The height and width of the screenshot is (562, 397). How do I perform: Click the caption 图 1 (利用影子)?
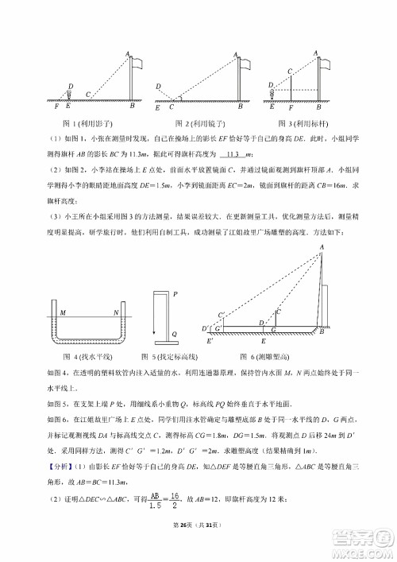tap(88, 123)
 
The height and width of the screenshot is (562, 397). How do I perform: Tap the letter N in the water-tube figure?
tap(115, 312)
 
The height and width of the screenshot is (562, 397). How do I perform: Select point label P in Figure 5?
tap(175, 293)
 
